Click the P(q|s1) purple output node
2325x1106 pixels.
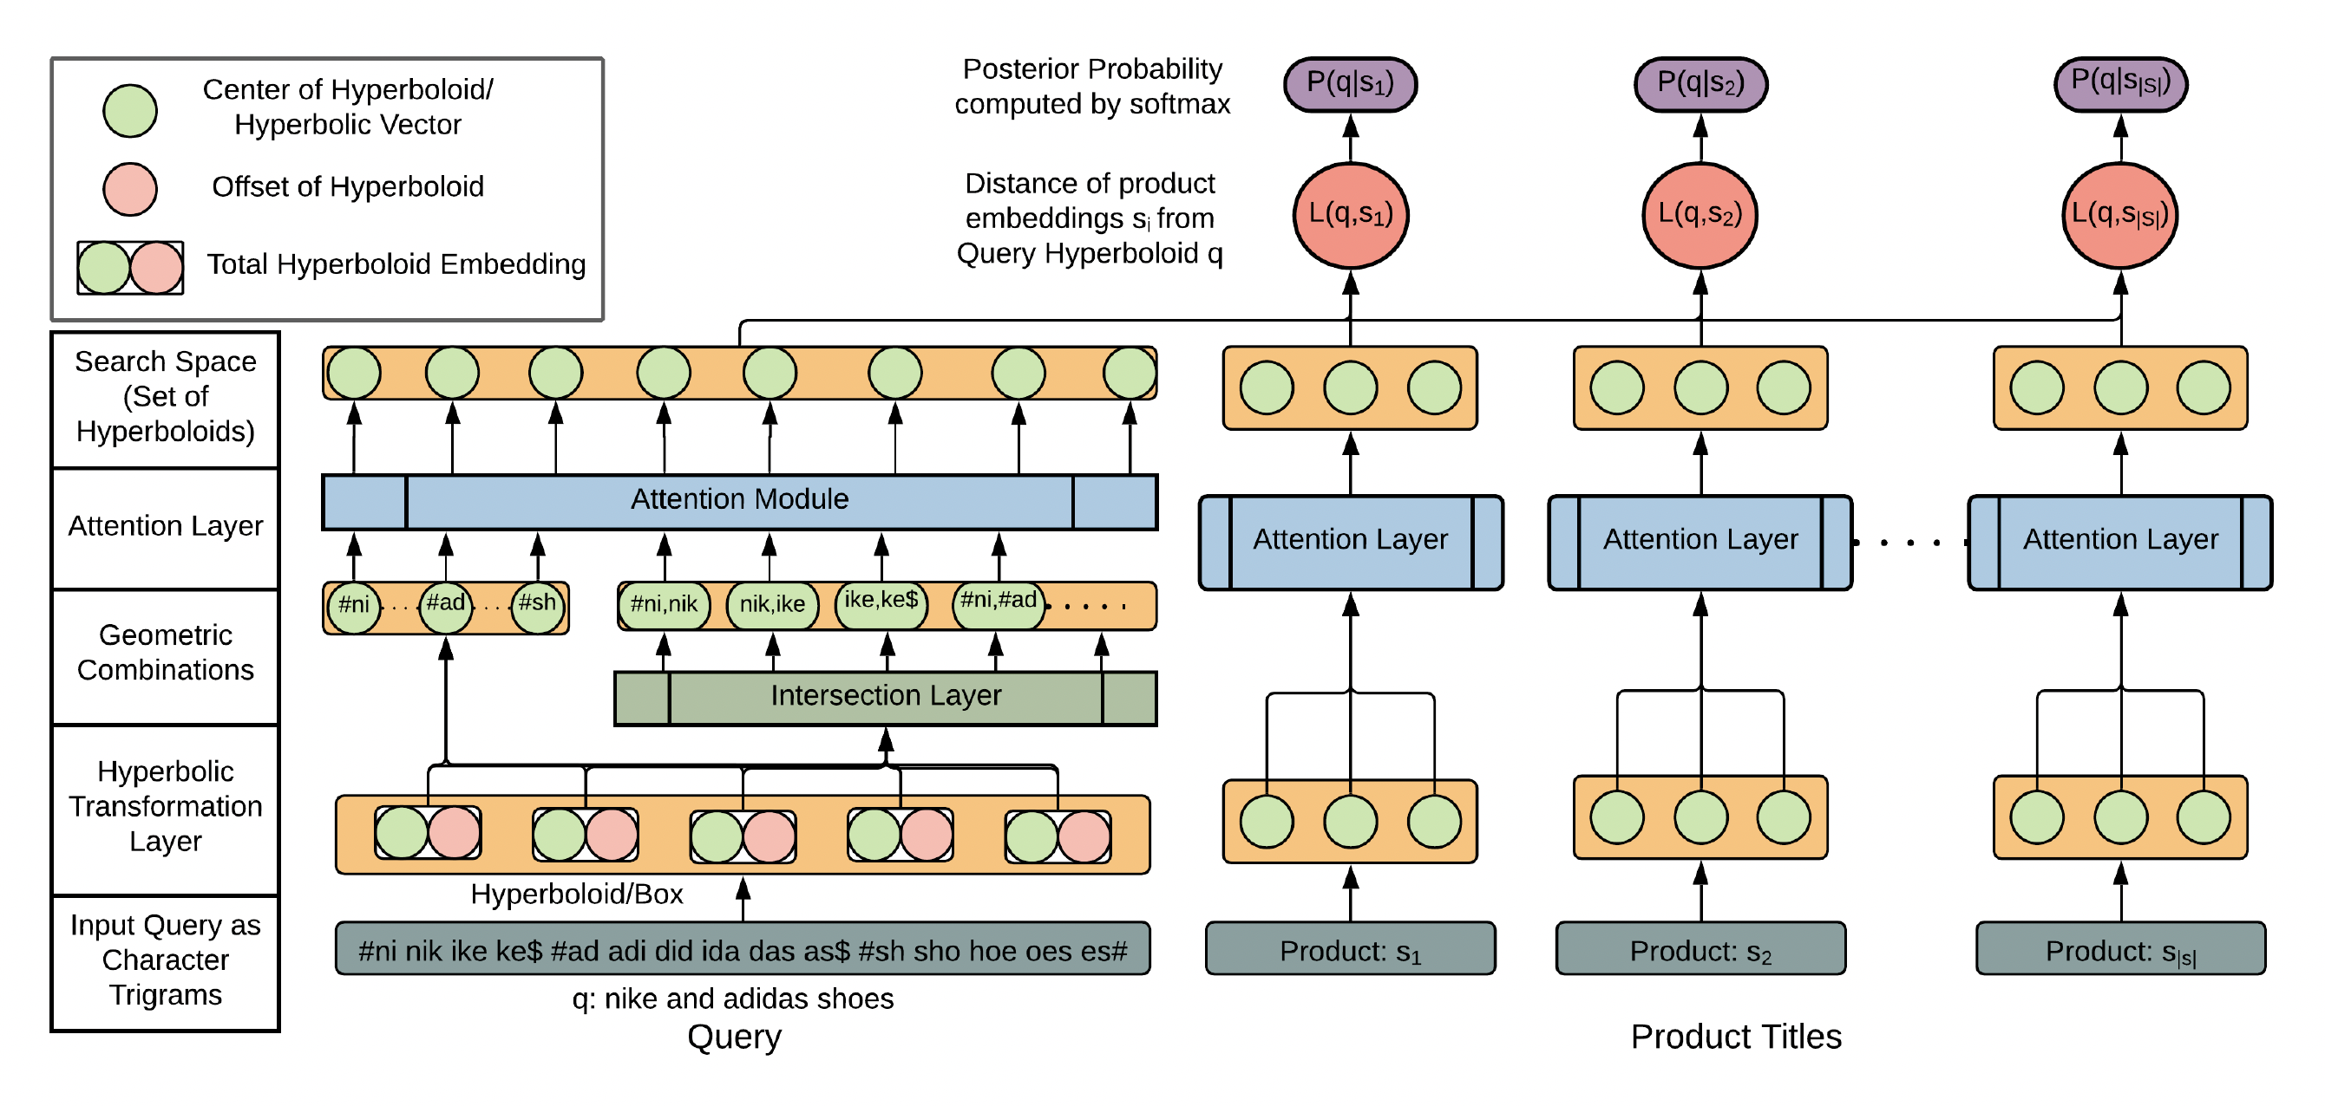(1349, 84)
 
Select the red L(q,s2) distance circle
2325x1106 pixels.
(1700, 215)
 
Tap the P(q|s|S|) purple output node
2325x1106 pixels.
(2120, 84)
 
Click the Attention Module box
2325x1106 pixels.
(739, 501)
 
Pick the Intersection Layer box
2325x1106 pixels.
(885, 696)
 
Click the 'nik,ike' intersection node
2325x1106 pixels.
(772, 604)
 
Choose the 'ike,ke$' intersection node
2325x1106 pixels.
(881, 602)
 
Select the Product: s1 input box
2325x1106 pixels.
(1349, 949)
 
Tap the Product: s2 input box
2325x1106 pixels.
(1700, 949)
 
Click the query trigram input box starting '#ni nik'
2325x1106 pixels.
(742, 949)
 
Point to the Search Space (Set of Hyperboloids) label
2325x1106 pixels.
(165, 397)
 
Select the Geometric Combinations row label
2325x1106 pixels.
(165, 654)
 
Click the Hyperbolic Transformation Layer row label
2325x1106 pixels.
(165, 806)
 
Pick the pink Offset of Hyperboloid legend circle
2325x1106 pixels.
(130, 189)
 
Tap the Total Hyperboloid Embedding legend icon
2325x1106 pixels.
(130, 268)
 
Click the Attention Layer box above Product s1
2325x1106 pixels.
(1349, 541)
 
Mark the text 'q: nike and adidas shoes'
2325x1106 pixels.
(732, 999)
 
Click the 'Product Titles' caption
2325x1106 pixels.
(1735, 1038)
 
